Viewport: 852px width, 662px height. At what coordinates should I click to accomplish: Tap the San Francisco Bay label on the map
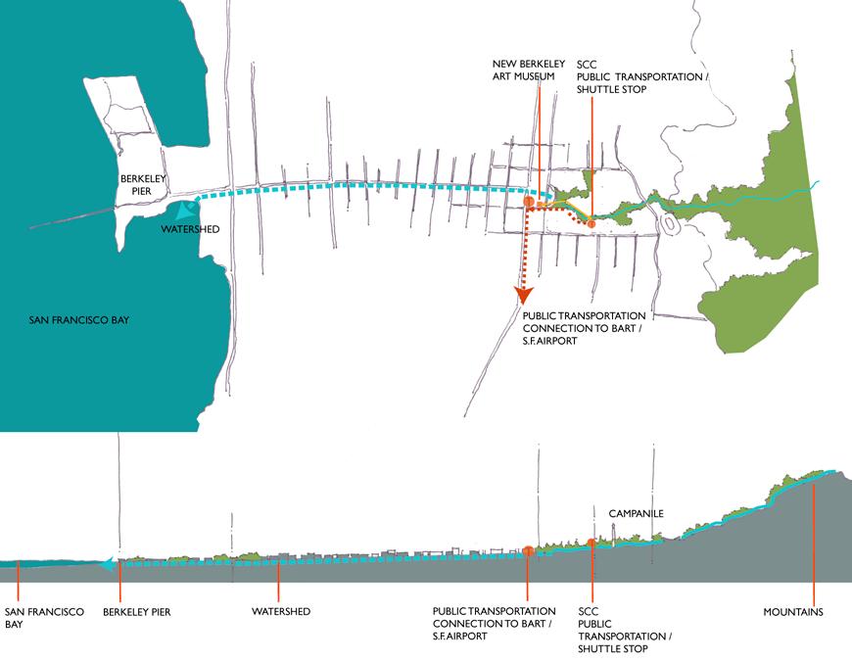[79, 320]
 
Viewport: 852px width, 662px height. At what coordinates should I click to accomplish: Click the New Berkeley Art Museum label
[524, 71]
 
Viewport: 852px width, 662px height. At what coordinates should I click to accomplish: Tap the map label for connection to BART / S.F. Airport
[585, 329]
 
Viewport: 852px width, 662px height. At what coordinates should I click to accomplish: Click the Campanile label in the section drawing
[636, 513]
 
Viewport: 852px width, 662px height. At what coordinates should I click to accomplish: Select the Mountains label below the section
[793, 613]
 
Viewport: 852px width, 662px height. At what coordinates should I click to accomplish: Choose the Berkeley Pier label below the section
[136, 612]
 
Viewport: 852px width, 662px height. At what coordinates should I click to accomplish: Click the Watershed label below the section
[281, 612]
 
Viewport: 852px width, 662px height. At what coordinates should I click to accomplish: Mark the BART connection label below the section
[495, 624]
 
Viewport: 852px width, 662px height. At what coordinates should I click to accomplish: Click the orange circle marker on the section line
[529, 551]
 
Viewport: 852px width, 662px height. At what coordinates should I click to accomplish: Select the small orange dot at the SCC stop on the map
[592, 225]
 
